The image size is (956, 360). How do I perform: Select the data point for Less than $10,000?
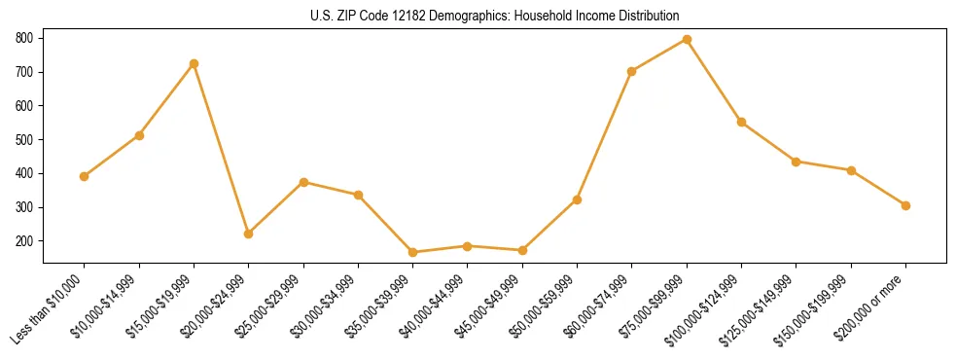[85, 176]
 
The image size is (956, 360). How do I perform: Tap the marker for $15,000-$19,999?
[195, 64]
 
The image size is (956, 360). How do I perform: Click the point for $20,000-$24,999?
[249, 234]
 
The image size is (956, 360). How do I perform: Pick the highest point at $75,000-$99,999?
[687, 40]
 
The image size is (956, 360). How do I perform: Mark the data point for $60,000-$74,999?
[632, 71]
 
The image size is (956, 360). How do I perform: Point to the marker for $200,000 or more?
[905, 205]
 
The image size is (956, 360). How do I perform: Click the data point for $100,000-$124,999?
[741, 123]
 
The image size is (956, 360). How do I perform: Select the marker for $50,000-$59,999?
[577, 199]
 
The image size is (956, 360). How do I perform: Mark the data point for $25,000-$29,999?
[304, 182]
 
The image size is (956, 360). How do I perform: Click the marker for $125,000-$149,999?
[796, 162]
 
